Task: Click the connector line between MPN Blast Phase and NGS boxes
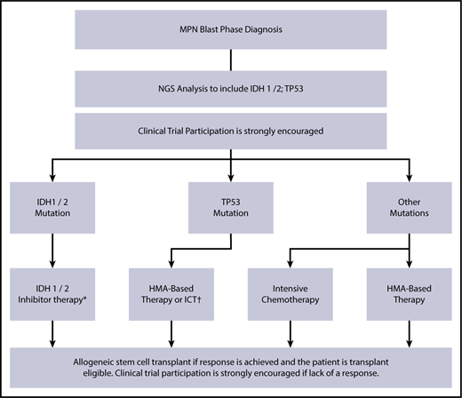(231, 62)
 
